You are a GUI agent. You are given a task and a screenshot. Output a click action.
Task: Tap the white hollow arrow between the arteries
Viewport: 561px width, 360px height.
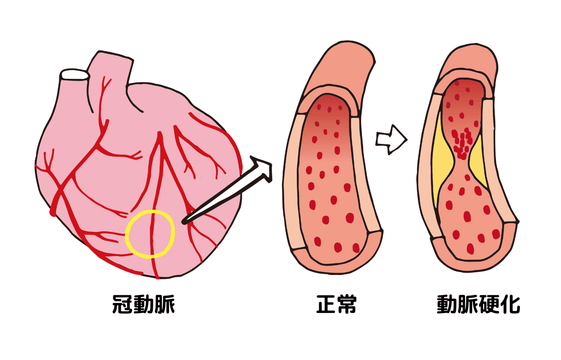pyautogui.click(x=391, y=140)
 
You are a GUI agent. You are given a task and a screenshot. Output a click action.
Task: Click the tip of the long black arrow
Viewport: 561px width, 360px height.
pyautogui.click(x=272, y=165)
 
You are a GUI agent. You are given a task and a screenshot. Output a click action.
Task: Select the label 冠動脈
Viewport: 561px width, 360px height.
pyautogui.click(x=143, y=304)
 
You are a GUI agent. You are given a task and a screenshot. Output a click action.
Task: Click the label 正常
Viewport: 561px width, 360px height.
pyautogui.click(x=336, y=304)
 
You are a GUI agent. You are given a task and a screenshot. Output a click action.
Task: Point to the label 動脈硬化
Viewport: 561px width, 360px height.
pyautogui.click(x=478, y=304)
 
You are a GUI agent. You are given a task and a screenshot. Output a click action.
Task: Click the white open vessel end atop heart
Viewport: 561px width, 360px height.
pyautogui.click(x=75, y=75)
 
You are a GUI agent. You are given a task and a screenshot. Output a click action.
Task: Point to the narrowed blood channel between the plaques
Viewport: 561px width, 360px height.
pyautogui.click(x=461, y=150)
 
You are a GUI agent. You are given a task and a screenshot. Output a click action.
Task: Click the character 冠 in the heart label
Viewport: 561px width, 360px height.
pyautogui.click(x=122, y=304)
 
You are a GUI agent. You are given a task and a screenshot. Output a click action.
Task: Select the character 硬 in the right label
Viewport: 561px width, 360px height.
pyautogui.click(x=488, y=304)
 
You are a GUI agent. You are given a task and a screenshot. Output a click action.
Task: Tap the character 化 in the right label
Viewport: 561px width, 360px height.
pyautogui.click(x=510, y=304)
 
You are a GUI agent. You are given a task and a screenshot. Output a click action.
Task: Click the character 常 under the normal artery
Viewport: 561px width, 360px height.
pyautogui.click(x=347, y=304)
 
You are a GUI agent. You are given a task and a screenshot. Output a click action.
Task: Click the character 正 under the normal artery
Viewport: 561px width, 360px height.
pyautogui.click(x=326, y=304)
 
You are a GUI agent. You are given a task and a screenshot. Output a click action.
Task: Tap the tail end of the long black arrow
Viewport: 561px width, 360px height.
pyautogui.click(x=185, y=222)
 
